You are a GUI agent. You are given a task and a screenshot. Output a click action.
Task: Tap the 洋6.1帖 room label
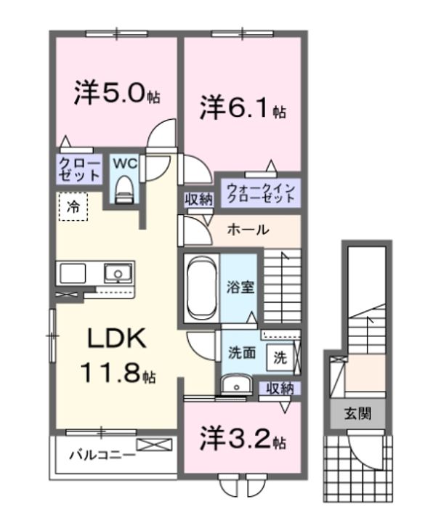[243, 110]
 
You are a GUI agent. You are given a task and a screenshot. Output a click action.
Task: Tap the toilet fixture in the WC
[124, 187]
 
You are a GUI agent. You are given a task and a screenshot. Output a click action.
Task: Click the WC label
[124, 163]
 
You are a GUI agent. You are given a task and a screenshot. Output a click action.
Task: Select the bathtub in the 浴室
[199, 286]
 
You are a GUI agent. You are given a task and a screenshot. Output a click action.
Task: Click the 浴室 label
[239, 286]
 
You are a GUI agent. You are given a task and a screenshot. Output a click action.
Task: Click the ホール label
[248, 230]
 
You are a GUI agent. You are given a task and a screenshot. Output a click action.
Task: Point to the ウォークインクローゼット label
[261, 193]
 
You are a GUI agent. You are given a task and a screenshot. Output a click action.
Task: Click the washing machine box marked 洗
[280, 357]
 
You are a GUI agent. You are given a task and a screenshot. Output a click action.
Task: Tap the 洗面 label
[242, 354]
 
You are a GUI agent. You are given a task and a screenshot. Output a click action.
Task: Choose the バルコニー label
[102, 455]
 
